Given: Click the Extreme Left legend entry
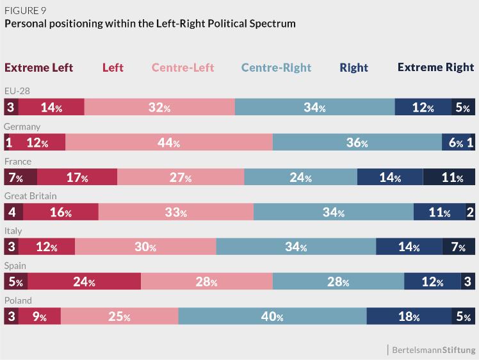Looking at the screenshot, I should (39, 67).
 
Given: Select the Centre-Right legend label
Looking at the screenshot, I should (276, 67).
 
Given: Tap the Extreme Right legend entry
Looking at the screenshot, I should (435, 67).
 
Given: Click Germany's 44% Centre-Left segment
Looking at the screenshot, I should (168, 143).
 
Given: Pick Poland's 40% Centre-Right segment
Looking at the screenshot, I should (272, 316).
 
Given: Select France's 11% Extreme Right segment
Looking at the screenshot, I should (449, 177).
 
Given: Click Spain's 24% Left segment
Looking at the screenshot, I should (84, 281).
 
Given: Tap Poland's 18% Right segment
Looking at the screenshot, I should (409, 316).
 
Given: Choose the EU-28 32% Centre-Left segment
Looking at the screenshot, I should (159, 108).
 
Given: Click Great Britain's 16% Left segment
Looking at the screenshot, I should (61, 212).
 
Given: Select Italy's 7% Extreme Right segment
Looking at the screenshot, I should (459, 247).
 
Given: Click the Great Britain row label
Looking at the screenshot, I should (30, 196).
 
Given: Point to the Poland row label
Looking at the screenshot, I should (18, 300).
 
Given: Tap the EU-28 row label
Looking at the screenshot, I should (17, 92).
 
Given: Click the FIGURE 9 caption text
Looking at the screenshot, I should (25, 10).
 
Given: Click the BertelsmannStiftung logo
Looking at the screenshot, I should (434, 350).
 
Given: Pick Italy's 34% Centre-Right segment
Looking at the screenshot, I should (296, 247).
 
